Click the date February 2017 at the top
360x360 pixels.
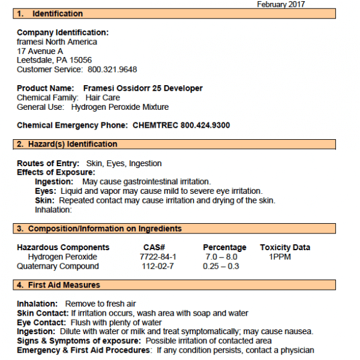281,4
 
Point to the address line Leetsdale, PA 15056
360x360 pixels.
54,61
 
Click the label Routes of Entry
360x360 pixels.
48,163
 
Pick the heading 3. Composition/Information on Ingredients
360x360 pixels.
99,229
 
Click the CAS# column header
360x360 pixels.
154,247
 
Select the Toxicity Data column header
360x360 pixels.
285,247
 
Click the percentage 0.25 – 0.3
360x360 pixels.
221,266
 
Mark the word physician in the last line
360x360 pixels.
296,350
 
